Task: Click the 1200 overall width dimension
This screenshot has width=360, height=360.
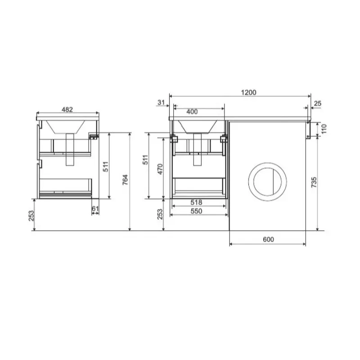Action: click(x=248, y=93)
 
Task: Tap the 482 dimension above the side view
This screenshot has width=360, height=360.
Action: click(x=67, y=110)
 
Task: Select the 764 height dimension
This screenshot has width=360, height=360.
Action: click(x=125, y=180)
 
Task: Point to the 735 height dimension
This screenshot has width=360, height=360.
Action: click(x=314, y=182)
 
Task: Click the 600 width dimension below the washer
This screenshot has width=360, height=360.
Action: click(x=268, y=239)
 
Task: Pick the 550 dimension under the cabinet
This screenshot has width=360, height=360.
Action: click(x=196, y=211)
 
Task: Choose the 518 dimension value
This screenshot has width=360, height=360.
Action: click(x=196, y=202)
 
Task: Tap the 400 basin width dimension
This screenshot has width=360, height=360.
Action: click(x=192, y=112)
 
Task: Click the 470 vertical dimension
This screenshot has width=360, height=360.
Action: click(x=160, y=169)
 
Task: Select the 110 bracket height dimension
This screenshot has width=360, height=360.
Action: click(x=324, y=129)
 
